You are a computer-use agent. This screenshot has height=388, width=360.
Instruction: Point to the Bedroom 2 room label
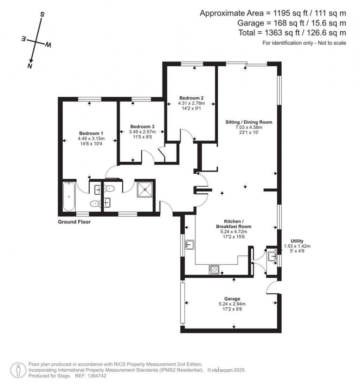tap(191, 98)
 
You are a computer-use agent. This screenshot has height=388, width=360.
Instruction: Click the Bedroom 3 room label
tap(142, 126)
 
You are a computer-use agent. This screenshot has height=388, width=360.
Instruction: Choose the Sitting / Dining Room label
tap(249, 122)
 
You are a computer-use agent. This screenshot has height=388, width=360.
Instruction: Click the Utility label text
tap(297, 241)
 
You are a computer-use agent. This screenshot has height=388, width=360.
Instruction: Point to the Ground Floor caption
tap(74, 222)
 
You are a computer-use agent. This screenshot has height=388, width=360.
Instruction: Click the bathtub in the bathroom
tap(69, 196)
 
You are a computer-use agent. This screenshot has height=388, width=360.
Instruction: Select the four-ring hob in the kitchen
tap(214, 270)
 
